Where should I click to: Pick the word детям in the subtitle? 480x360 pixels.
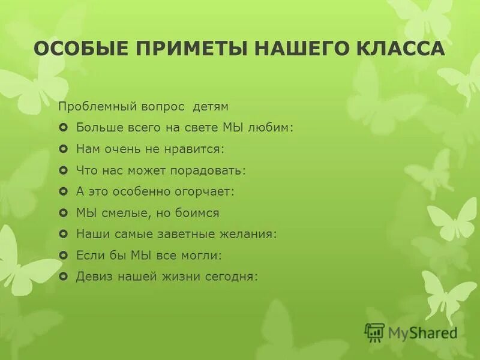(211, 107)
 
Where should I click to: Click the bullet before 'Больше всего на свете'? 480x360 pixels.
(64, 128)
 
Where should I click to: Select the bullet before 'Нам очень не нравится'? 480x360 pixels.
(64, 149)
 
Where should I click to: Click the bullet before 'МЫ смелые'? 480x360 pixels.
(64, 213)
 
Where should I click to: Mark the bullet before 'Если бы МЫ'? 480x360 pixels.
(64, 256)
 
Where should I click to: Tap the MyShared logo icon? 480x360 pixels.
(374, 332)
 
